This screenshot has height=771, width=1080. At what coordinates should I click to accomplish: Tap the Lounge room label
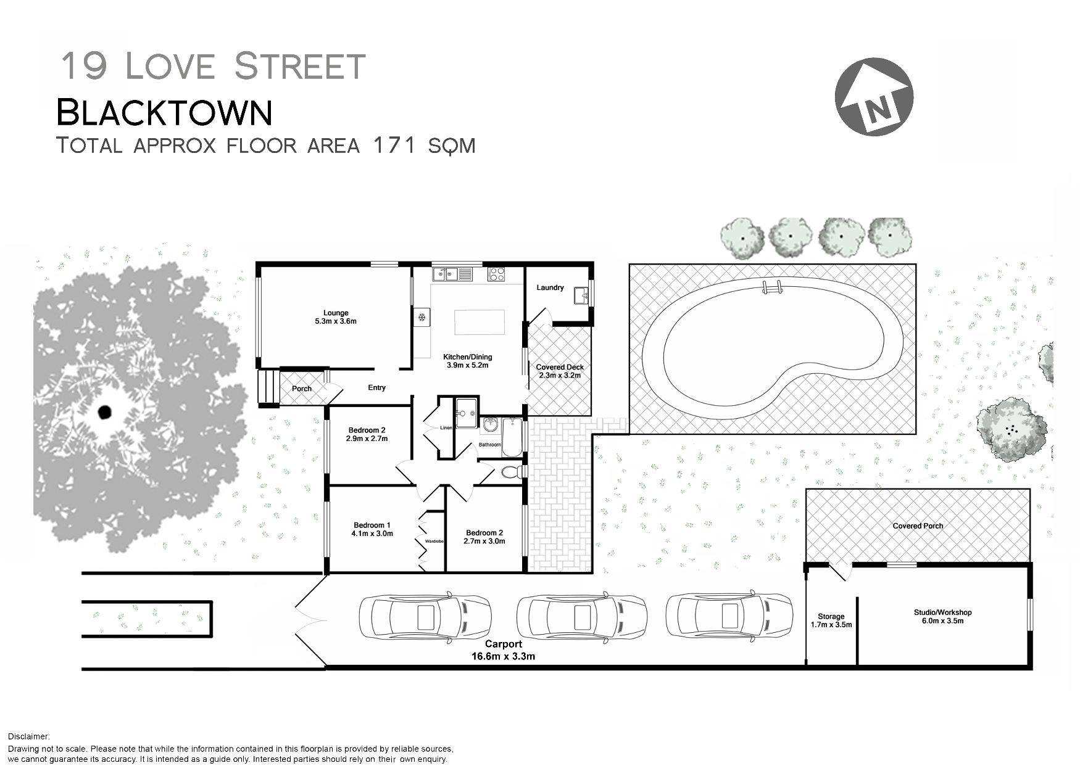point(336,316)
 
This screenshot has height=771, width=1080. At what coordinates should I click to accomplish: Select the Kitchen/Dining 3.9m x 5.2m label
point(467,361)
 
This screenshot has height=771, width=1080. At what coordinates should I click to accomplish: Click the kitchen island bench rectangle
point(479,322)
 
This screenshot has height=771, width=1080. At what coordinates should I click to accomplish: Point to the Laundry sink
point(581,295)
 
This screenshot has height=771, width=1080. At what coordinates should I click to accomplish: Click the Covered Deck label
point(560,371)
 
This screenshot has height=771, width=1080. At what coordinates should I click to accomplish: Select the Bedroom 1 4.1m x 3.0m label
point(372,529)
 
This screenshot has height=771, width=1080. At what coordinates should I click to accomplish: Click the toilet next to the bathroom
point(511,472)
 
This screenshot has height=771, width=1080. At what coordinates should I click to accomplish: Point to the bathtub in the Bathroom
point(512,436)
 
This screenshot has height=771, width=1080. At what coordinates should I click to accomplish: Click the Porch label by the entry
point(302,389)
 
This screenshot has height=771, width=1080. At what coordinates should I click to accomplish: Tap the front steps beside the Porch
point(268,387)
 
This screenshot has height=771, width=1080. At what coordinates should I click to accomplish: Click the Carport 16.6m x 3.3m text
point(503,650)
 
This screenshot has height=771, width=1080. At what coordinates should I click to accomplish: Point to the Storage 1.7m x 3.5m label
point(831,620)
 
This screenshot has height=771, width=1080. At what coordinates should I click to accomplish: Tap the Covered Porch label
point(918,526)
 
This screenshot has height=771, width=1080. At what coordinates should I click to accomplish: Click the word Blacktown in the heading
point(164,112)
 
